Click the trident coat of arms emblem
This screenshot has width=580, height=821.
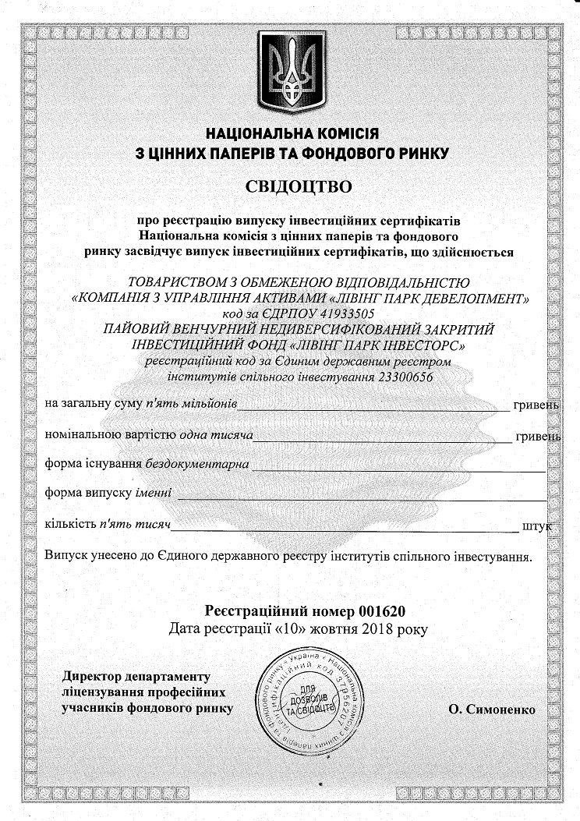(289, 70)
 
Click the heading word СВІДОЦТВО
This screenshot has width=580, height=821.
(289, 186)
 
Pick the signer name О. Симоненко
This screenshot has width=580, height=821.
(492, 709)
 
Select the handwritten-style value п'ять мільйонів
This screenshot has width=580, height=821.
(190, 405)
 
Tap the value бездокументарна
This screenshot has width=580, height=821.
(197, 464)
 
